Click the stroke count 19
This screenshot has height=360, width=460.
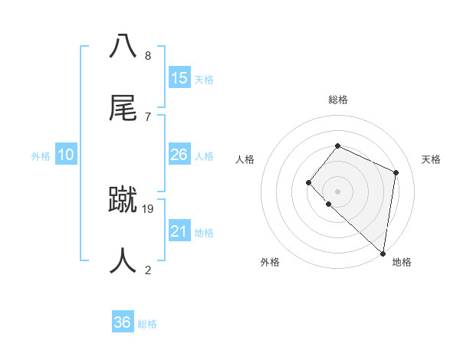point(148,208)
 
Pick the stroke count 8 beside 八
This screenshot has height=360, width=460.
point(147,55)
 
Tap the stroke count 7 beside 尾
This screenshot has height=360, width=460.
point(147,116)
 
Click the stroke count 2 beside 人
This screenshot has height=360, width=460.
point(147,270)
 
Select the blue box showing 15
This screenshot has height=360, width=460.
point(179,78)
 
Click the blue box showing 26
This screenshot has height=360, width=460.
point(179,155)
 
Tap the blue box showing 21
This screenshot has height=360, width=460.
point(179,231)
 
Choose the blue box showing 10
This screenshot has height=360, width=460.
point(66,155)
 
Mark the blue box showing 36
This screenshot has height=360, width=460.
point(123,322)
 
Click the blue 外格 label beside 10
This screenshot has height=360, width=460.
point(41,156)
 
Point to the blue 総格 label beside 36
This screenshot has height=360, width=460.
point(147,324)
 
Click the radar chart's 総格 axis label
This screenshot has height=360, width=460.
point(338,100)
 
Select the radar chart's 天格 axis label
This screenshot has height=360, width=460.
point(431,159)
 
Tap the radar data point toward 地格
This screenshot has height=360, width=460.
point(383,254)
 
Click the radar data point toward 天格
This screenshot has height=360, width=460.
point(396,172)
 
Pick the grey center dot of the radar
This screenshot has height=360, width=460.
point(337,191)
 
